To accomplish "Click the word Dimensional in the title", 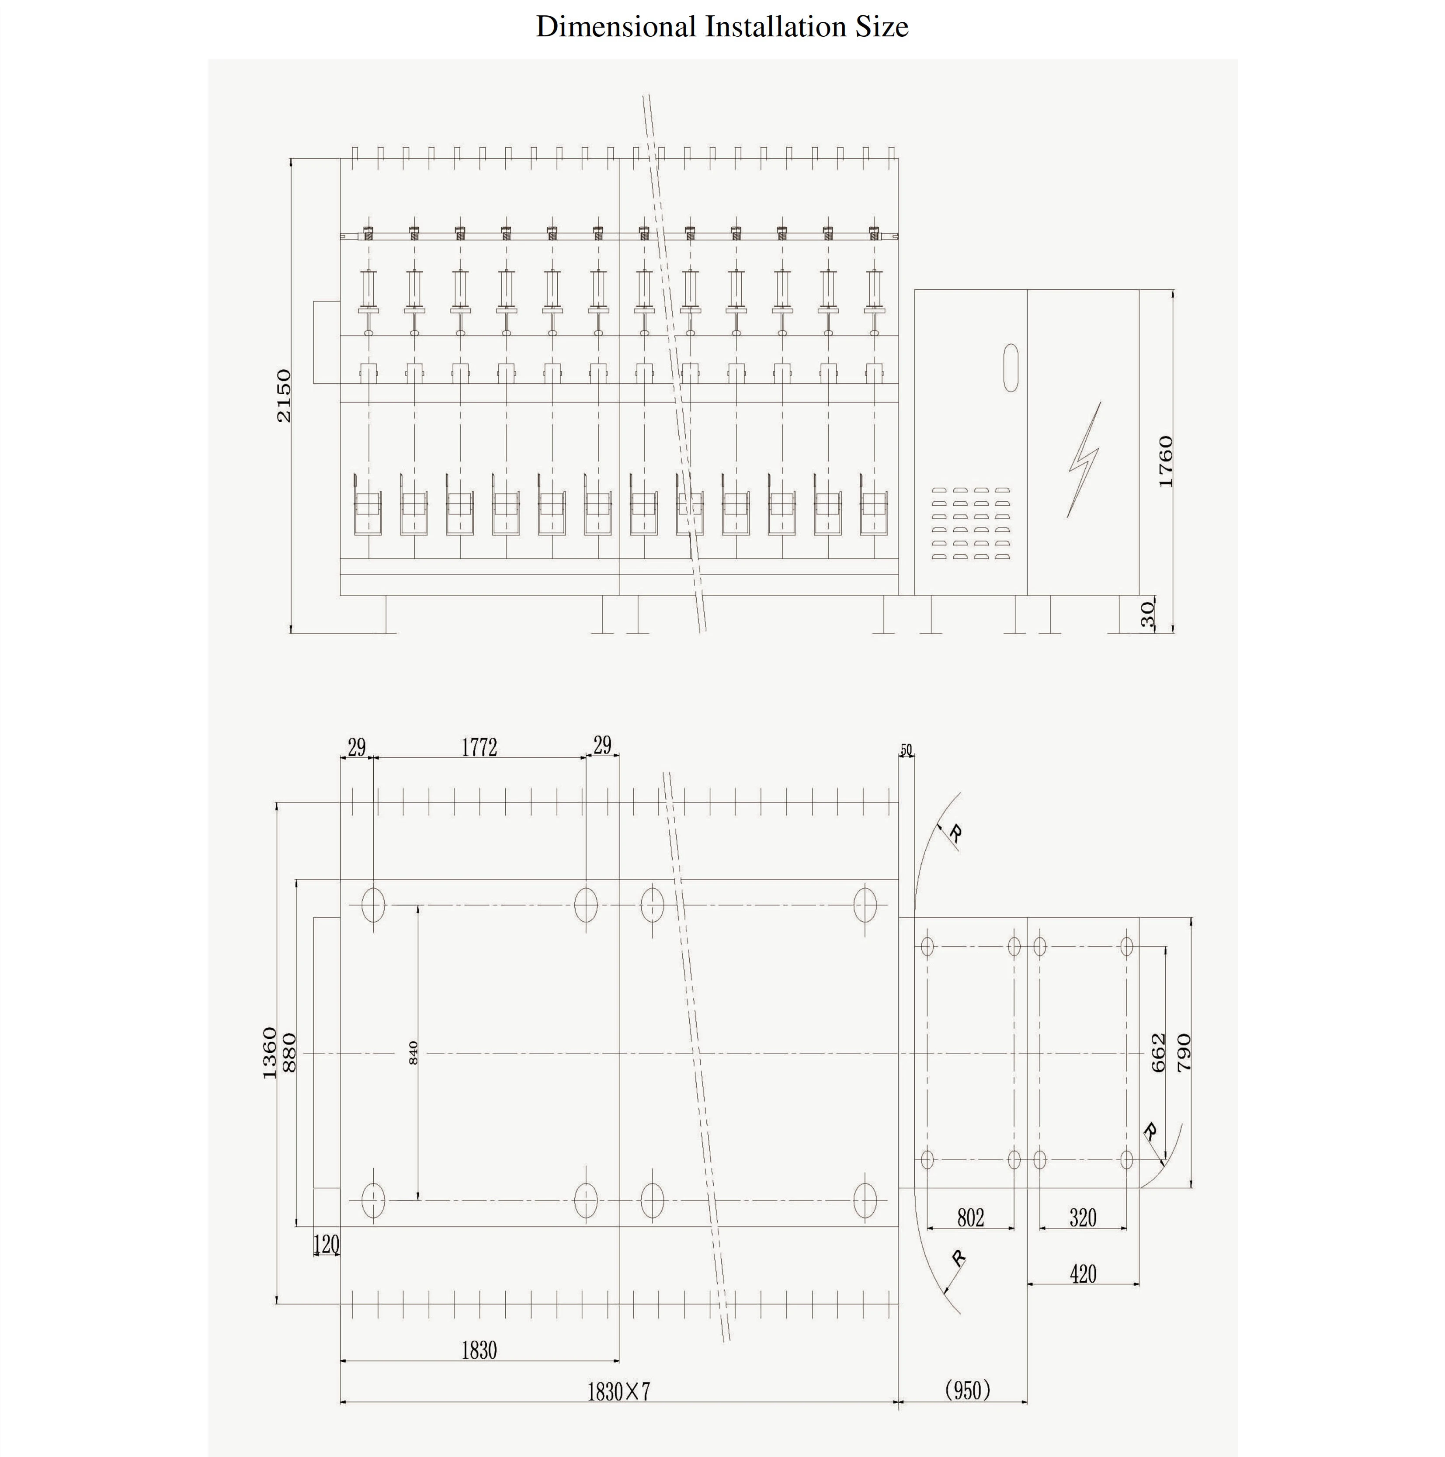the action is coord(616,26).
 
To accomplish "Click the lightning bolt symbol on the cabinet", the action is coord(1084,459).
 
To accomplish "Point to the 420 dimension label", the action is coord(1083,1274).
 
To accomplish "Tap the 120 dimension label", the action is coord(327,1244).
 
